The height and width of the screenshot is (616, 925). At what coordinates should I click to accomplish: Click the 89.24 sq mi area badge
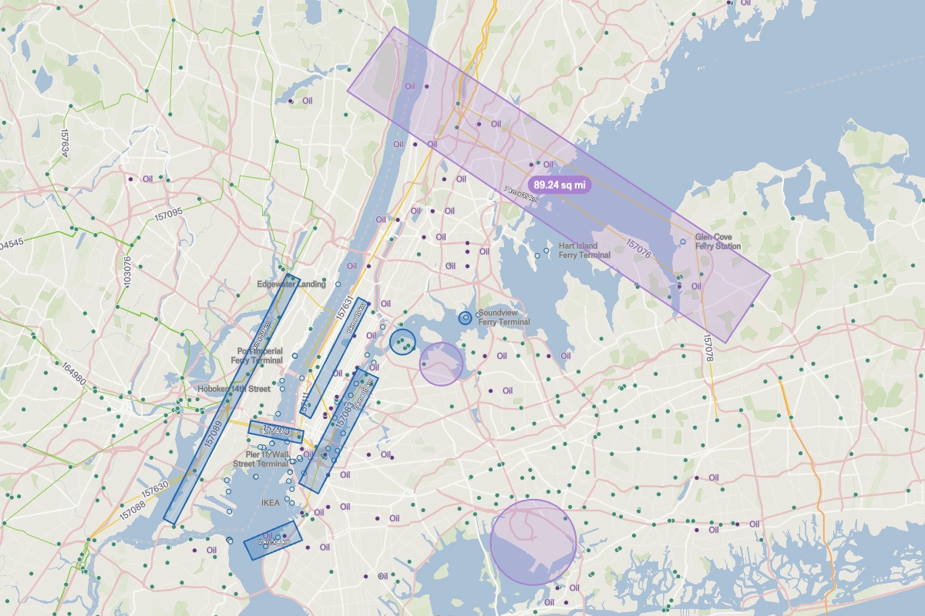click(560, 185)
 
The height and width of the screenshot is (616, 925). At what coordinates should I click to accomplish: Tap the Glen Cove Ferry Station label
click(718, 242)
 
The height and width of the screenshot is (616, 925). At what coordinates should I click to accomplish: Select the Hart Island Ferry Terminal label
click(584, 250)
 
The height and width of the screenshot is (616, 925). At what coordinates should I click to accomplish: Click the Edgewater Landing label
click(291, 284)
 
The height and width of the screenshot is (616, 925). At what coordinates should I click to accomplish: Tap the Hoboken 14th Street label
click(234, 389)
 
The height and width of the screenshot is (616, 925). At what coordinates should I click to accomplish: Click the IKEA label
click(270, 503)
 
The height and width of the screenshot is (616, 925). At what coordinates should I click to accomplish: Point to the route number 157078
click(708, 349)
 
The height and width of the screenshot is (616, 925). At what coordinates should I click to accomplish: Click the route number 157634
click(65, 143)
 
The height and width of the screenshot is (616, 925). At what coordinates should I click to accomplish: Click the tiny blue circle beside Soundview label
click(465, 317)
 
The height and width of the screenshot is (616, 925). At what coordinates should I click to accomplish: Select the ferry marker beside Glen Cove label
click(683, 242)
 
